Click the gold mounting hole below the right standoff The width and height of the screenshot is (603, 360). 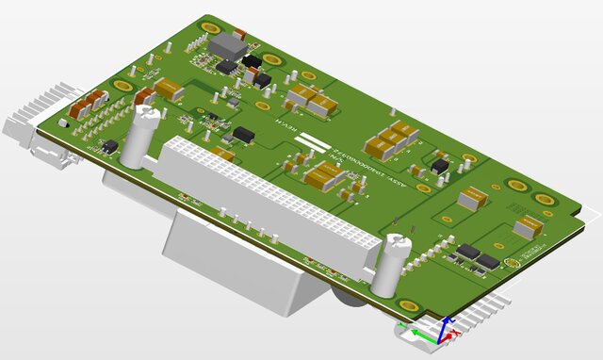[x=409, y=305]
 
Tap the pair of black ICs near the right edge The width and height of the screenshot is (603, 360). [x=478, y=255]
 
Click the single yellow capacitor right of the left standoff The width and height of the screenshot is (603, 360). [x=169, y=90]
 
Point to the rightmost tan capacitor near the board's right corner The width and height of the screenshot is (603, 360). [x=527, y=227]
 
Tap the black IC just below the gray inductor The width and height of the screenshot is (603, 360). [x=229, y=66]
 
